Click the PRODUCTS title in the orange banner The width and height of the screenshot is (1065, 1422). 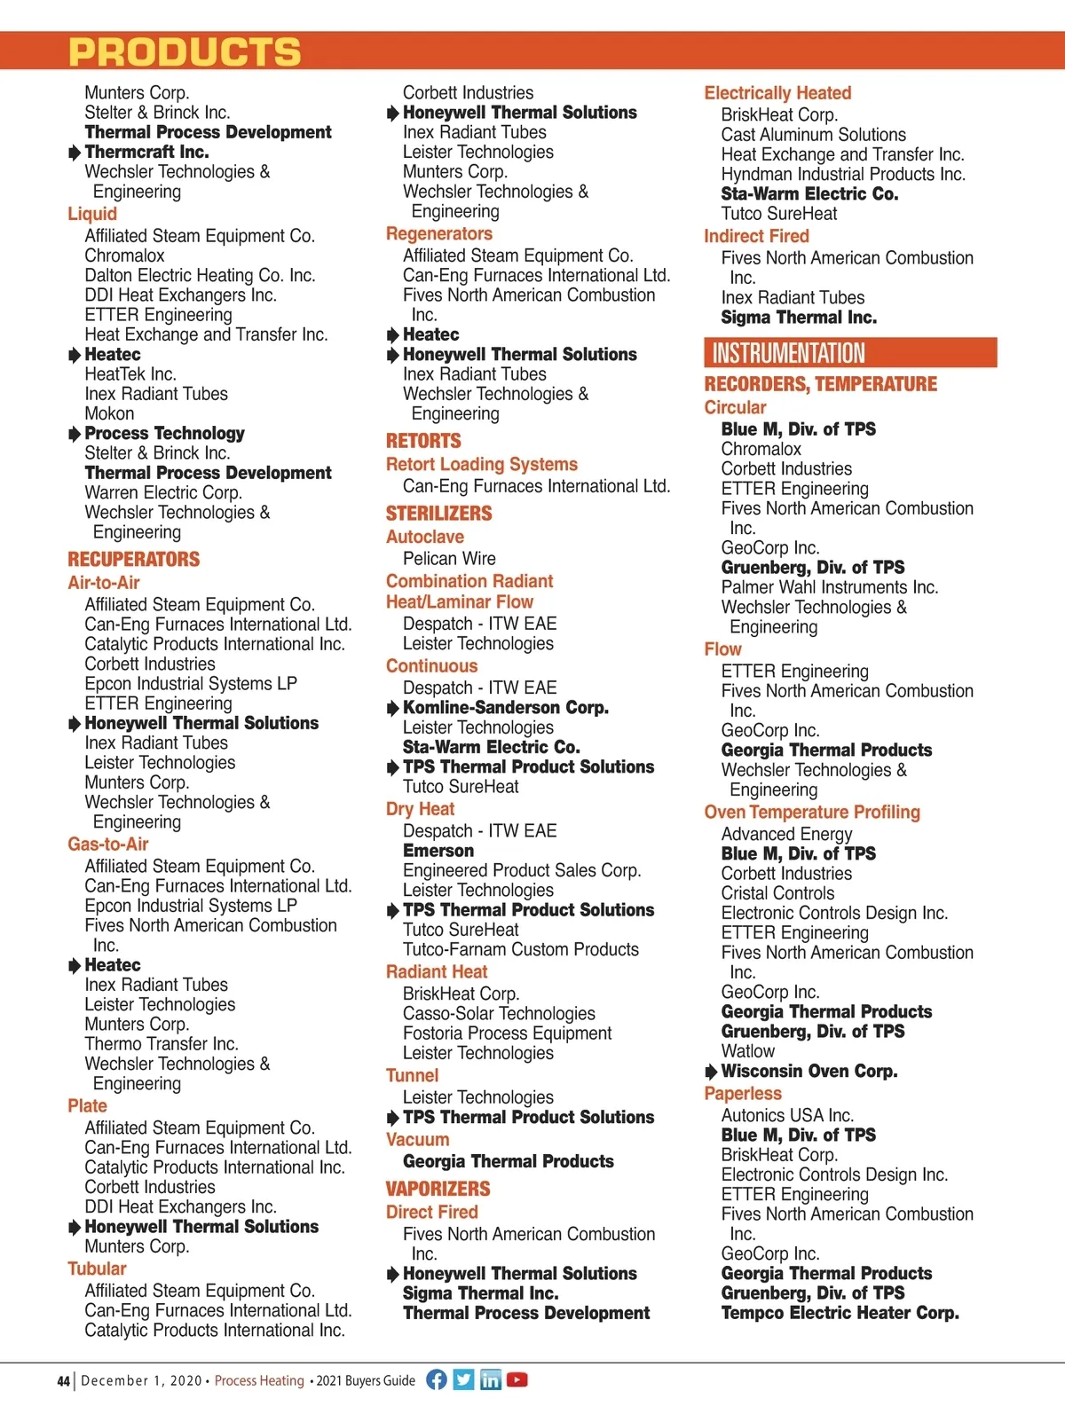pyautogui.click(x=185, y=52)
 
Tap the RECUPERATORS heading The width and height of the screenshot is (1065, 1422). pyautogui.click(x=134, y=560)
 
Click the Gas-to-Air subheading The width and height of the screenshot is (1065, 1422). pyautogui.click(x=107, y=845)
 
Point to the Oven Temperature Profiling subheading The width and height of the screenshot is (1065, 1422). pyautogui.click(x=812, y=813)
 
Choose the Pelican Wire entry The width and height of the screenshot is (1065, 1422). pyautogui.click(x=449, y=559)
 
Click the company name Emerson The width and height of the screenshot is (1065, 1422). pyautogui.click(x=438, y=851)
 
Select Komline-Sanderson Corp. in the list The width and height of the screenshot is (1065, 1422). pyautogui.click(x=505, y=708)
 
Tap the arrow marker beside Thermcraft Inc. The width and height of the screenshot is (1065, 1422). pyautogui.click(x=75, y=153)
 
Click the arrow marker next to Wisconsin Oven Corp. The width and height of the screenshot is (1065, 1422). pyautogui.click(x=711, y=1072)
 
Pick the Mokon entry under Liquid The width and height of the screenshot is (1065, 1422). pyautogui.click(x=109, y=413)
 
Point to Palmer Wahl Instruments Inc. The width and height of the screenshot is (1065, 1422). pyautogui.click(x=829, y=587)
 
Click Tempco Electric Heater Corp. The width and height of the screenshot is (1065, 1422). pyautogui.click(x=840, y=1313)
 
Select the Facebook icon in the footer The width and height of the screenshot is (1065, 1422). pyautogui.click(x=437, y=1379)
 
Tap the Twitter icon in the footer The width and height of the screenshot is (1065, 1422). pyautogui.click(x=463, y=1379)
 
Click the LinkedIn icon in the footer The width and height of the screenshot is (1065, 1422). pyautogui.click(x=490, y=1379)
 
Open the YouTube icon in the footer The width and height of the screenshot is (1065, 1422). pyautogui.click(x=517, y=1379)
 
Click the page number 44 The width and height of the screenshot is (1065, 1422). pyautogui.click(x=63, y=1381)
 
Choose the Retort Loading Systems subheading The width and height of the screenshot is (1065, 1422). pyautogui.click(x=481, y=465)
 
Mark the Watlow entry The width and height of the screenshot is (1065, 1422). pyautogui.click(x=747, y=1051)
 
